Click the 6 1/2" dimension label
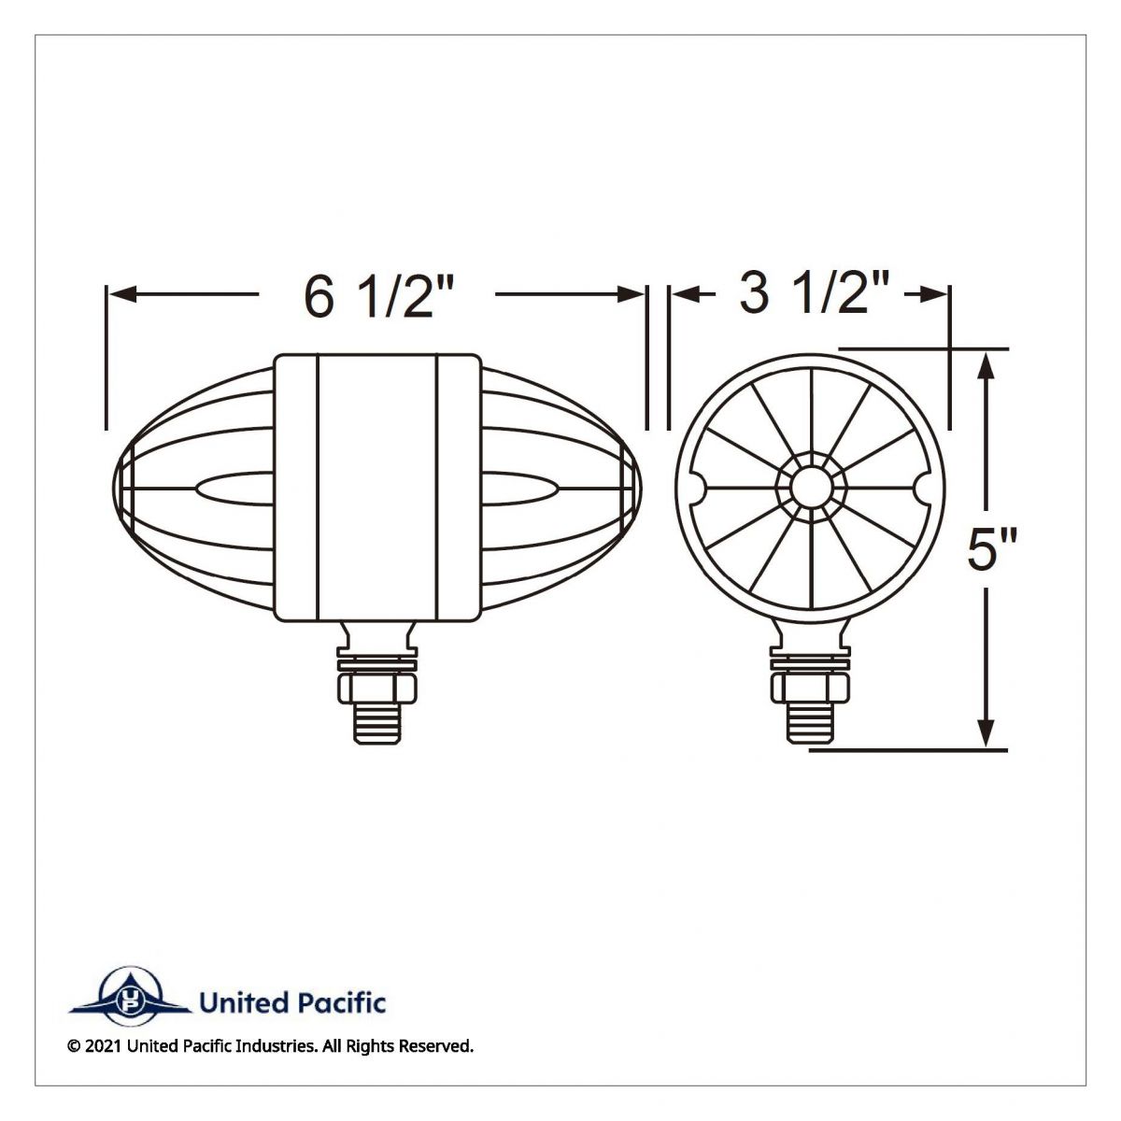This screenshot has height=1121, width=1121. click(x=377, y=298)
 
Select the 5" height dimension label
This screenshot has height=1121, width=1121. click(x=992, y=548)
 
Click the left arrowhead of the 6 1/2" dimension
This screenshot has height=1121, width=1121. click(x=122, y=294)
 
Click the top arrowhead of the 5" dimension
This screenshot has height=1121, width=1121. click(x=986, y=364)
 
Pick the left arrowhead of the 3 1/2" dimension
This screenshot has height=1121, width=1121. click(x=686, y=295)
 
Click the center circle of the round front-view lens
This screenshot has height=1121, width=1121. click(x=810, y=487)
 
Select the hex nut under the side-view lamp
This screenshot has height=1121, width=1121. click(x=377, y=688)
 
